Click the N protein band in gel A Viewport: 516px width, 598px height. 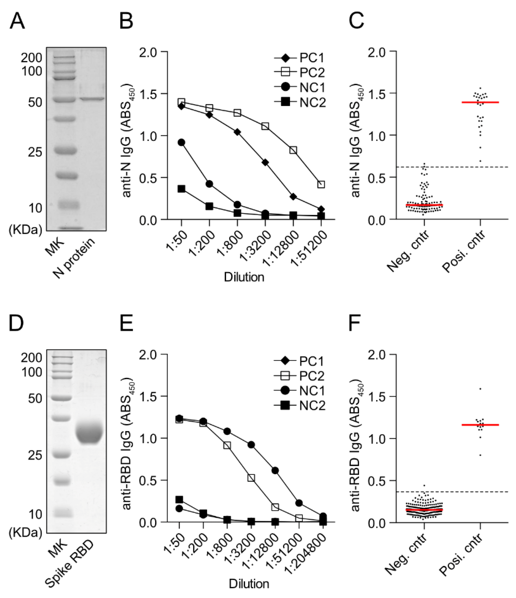[92, 99]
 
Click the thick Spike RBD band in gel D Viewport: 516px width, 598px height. [89, 433]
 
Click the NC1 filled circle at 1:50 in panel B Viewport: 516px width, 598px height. [181, 142]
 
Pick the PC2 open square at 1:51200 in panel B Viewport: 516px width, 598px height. [321, 185]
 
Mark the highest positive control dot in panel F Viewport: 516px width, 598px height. [480, 389]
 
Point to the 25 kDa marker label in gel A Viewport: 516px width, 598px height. [35, 152]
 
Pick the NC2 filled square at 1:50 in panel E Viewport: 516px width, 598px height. [179, 499]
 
